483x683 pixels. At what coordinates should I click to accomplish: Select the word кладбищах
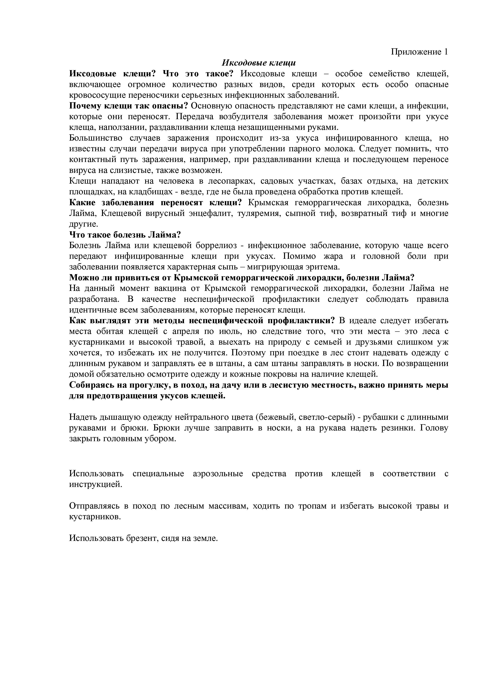coord(150,192)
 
